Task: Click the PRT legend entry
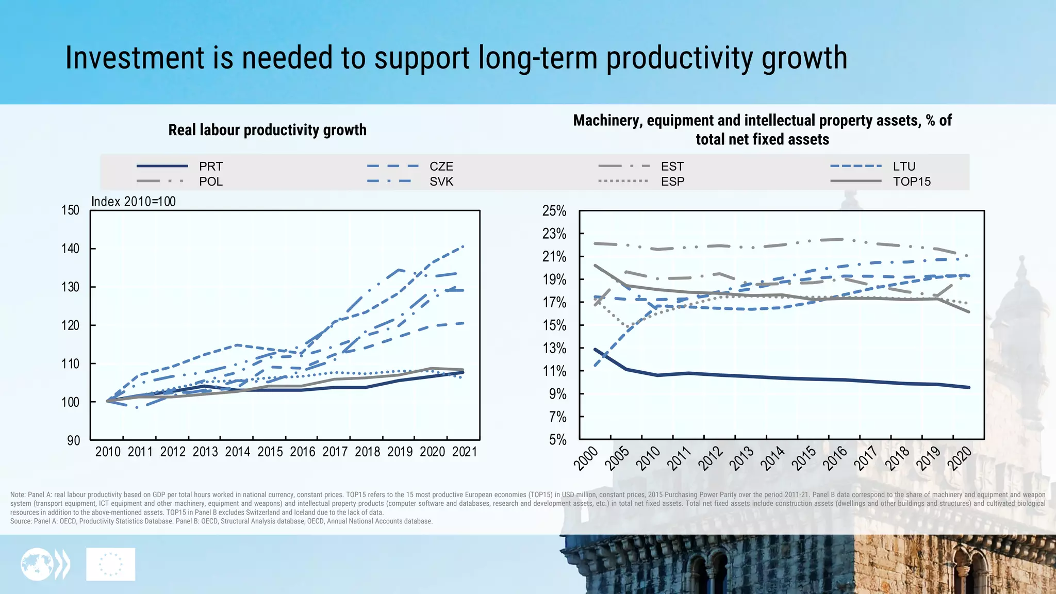(210, 167)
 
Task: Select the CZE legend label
(441, 167)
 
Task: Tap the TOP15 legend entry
(911, 181)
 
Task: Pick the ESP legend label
(672, 181)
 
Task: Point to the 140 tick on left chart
(71, 249)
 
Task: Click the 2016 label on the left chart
(302, 452)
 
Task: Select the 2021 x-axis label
(465, 452)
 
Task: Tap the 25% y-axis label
(554, 211)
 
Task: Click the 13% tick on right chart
(554, 349)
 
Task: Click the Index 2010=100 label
(134, 202)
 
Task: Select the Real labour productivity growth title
(267, 130)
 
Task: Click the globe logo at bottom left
(37, 564)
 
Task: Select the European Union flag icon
(111, 564)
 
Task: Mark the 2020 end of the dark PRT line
(969, 387)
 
